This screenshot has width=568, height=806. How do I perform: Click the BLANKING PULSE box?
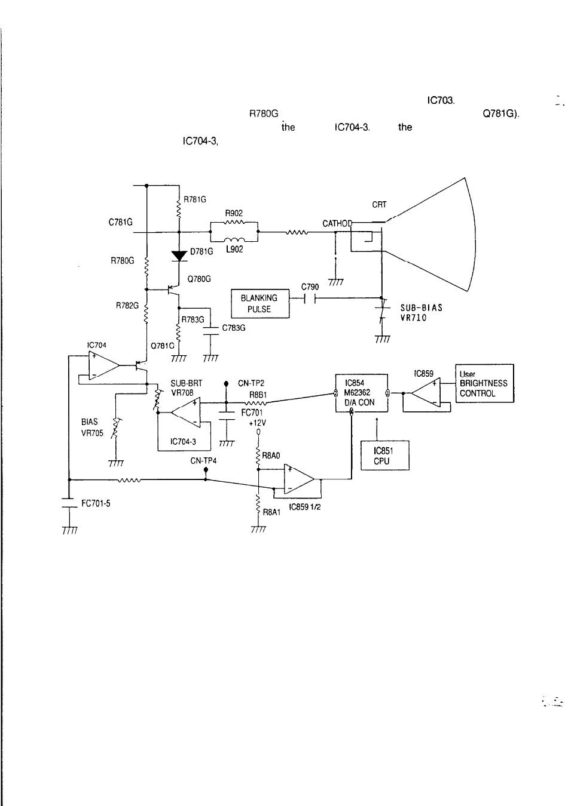click(x=259, y=304)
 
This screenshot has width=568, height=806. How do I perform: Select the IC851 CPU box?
click(x=385, y=456)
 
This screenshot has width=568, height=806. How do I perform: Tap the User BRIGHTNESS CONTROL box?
click(x=484, y=383)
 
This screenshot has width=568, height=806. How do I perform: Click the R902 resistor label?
click(x=234, y=213)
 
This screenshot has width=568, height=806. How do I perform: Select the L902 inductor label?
click(x=234, y=249)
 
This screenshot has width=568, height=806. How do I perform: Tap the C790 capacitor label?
click(x=310, y=287)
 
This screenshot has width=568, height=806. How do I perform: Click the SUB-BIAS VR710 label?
click(x=421, y=313)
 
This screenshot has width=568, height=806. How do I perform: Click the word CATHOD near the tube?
click(x=337, y=223)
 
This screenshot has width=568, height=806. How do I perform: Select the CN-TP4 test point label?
click(x=203, y=460)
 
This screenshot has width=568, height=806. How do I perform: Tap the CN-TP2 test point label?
click(x=251, y=383)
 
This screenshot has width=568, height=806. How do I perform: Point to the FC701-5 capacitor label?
click(x=96, y=503)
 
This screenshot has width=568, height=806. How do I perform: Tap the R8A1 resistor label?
click(x=271, y=512)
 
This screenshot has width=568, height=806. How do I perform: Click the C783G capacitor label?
click(x=234, y=328)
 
